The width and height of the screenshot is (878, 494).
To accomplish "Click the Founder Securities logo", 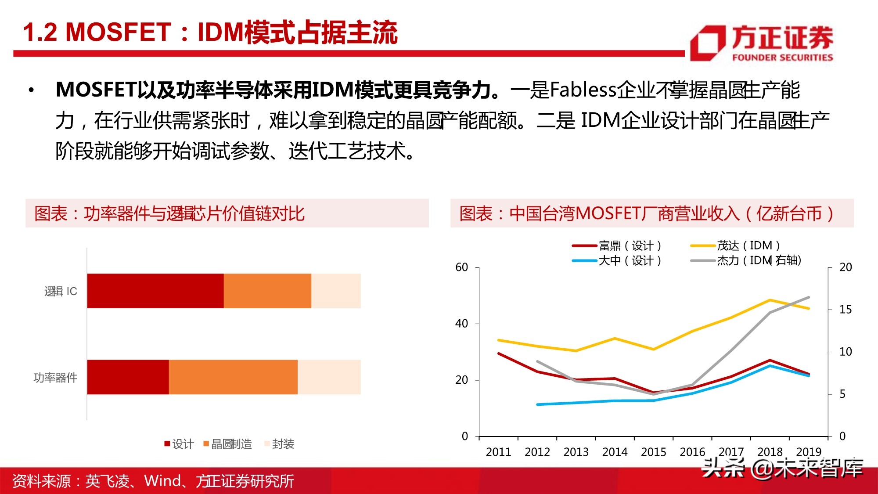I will pyautogui.click(x=762, y=43).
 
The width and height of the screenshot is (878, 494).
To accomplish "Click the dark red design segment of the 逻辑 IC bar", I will pyautogui.click(x=155, y=291).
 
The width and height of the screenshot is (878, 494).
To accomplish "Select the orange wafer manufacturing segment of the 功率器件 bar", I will pyautogui.click(x=233, y=377).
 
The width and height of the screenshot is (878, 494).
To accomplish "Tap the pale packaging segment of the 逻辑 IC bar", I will pyautogui.click(x=336, y=291).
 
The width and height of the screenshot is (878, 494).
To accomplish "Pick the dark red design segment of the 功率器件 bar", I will pyautogui.click(x=128, y=377).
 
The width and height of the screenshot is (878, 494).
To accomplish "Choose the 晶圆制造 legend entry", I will pyautogui.click(x=228, y=444).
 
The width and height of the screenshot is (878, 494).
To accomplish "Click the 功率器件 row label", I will pyautogui.click(x=55, y=377).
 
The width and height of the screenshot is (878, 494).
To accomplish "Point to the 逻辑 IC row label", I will pyautogui.click(x=61, y=291).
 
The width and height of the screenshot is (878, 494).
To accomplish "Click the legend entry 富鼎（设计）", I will pyautogui.click(x=617, y=245).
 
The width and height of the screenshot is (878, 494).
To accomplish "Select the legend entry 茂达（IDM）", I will pyautogui.click(x=735, y=245).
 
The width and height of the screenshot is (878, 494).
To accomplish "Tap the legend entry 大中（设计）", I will pyautogui.click(x=617, y=260).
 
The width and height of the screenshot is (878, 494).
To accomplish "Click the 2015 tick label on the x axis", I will pyautogui.click(x=653, y=452).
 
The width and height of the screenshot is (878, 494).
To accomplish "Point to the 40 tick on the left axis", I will pyautogui.click(x=461, y=324).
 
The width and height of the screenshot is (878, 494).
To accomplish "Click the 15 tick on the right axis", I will pyautogui.click(x=845, y=310).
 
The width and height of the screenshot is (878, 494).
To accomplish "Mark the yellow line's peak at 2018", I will pyautogui.click(x=770, y=300).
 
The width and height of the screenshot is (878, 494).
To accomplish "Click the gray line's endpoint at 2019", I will pyautogui.click(x=809, y=297).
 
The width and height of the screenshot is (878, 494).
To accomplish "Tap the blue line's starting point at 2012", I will pyautogui.click(x=537, y=404).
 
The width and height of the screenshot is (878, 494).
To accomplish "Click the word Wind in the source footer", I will pyautogui.click(x=162, y=481).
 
